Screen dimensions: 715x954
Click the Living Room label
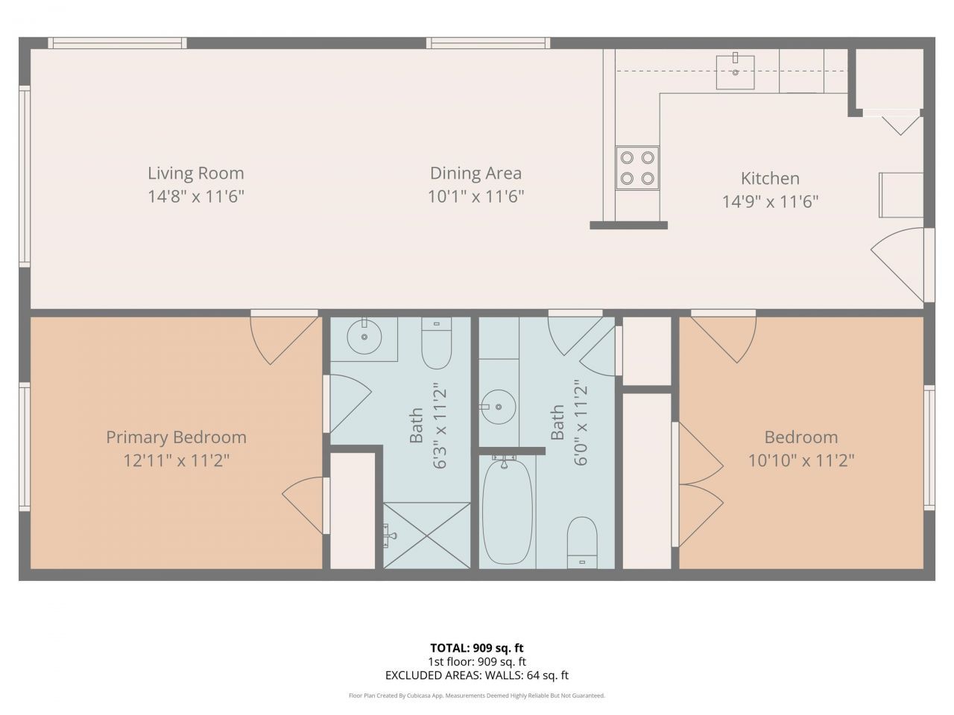click(x=195, y=174)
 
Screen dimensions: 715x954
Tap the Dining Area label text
click(x=476, y=174)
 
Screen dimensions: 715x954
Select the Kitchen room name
click(x=770, y=179)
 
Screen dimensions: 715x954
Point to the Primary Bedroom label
click(x=176, y=437)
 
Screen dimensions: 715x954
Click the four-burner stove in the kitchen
click(x=637, y=168)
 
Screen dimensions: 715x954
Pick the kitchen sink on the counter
click(x=735, y=71)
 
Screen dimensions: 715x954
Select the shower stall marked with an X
click(x=427, y=535)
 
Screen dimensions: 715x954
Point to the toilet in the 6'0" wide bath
click(x=582, y=541)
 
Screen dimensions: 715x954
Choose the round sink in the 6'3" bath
click(x=364, y=337)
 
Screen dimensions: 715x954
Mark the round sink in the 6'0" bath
click(x=497, y=407)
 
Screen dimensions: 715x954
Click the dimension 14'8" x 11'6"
click(x=195, y=197)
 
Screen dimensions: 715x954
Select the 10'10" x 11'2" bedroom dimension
click(x=800, y=461)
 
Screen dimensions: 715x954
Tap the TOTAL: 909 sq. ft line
click(x=476, y=648)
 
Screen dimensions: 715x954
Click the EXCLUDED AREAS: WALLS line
click(x=476, y=676)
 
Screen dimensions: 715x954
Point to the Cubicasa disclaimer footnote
click(x=476, y=696)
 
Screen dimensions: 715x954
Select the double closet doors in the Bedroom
click(x=698, y=484)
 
